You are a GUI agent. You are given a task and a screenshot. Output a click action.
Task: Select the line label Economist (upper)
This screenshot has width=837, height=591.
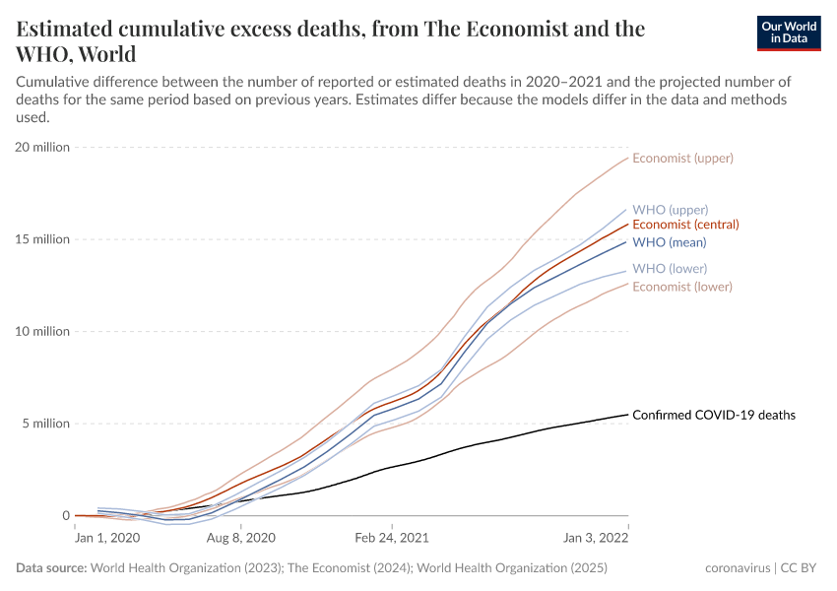click(682, 158)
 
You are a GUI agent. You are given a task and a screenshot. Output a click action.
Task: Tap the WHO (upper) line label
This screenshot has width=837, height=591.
click(670, 210)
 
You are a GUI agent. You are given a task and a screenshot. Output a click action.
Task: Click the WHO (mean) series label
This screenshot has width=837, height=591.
click(669, 242)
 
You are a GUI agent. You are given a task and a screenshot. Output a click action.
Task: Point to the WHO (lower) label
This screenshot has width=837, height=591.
click(669, 269)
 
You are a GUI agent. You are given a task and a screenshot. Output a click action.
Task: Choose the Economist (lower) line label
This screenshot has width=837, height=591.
click(681, 287)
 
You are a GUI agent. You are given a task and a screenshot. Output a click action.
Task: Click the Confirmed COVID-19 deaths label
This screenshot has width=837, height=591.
click(713, 415)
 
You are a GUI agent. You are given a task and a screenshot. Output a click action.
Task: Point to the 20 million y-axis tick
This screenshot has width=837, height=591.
click(42, 147)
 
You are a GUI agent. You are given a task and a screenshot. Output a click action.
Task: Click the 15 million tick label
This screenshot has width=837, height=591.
click(42, 239)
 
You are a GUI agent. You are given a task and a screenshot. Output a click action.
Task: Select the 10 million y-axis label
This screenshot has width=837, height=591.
click(42, 332)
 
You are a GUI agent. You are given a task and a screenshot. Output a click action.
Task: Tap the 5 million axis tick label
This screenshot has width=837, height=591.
click(45, 424)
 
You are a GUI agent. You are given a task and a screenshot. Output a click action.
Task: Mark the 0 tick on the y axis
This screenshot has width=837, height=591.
click(66, 516)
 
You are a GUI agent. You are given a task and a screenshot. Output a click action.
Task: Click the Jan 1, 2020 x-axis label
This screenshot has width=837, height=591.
click(108, 538)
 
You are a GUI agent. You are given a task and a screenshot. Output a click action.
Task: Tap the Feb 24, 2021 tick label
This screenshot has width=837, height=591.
click(391, 538)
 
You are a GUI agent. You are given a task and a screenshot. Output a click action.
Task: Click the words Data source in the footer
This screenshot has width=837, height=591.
click(51, 568)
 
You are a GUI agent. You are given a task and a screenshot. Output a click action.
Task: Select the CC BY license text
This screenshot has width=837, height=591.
click(800, 568)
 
